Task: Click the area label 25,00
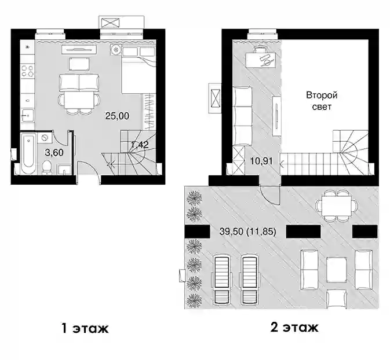117,116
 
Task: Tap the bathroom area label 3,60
54,152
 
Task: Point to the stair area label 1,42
140,144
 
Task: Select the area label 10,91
261,161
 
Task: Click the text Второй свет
322,101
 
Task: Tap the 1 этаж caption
85,328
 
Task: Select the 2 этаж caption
294,328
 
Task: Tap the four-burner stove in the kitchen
27,71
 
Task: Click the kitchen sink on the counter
27,115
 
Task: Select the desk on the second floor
260,60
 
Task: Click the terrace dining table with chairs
337,206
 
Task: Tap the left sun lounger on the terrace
221,280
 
